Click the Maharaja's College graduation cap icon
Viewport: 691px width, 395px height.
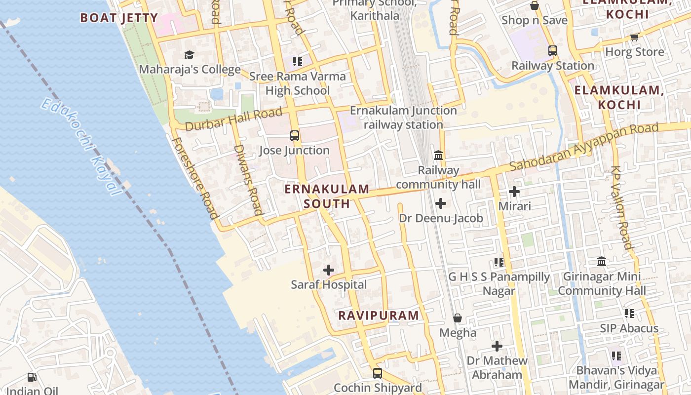click(x=189, y=55)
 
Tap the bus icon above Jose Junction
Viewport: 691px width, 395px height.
click(x=295, y=135)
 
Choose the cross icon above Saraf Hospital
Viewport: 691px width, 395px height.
click(x=329, y=270)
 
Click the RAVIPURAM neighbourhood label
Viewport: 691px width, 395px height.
click(x=379, y=315)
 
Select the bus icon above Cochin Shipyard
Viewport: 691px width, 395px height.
click(x=378, y=373)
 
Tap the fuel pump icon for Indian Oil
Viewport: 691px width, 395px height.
click(x=32, y=377)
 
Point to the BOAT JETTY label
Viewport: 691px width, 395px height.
click(x=119, y=18)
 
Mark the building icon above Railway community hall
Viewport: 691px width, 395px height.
click(x=438, y=156)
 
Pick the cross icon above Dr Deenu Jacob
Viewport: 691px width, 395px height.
click(x=441, y=203)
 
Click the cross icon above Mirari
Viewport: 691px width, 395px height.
click(x=514, y=191)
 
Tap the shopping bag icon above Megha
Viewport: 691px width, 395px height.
click(x=458, y=318)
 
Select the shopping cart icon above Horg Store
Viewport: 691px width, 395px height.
click(x=634, y=37)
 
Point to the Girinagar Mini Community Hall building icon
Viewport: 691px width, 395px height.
click(x=602, y=261)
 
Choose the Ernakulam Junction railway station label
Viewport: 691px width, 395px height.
click(x=403, y=118)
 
